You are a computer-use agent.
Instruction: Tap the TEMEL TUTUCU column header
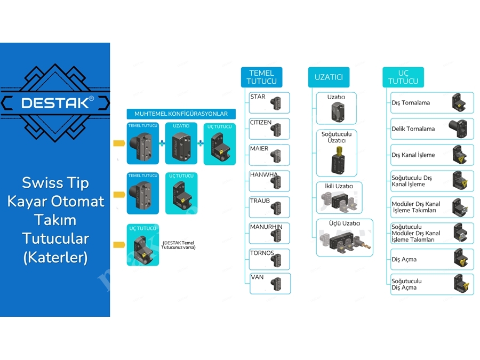261,77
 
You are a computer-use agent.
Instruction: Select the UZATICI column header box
329,77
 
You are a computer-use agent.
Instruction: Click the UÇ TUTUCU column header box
403,77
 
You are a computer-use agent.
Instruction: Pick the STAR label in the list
258,97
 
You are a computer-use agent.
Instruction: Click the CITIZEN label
261,123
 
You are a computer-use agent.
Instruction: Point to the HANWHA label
264,174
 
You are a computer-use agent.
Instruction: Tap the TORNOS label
262,253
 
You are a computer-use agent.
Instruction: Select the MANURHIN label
266,227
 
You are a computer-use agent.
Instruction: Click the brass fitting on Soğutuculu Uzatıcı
339,151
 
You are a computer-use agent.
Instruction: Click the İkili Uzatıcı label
339,186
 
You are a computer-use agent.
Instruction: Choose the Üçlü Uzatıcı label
345,223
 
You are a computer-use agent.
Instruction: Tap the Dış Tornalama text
411,103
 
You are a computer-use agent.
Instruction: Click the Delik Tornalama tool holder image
458,129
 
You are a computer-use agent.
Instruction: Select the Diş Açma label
404,259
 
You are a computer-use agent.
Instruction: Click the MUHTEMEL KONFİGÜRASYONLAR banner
181,114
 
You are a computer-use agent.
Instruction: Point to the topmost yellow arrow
119,143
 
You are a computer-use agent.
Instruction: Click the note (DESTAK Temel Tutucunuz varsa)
179,245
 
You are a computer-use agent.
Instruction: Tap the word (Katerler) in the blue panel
55,257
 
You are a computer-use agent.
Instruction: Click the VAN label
257,277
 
